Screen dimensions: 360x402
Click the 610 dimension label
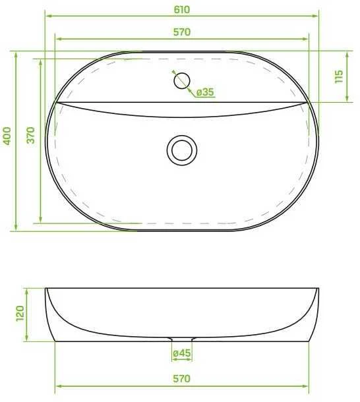(x=182, y=9)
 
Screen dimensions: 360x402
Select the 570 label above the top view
(x=182, y=32)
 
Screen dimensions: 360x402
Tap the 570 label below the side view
(x=182, y=379)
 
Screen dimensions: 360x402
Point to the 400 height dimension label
(x=7, y=136)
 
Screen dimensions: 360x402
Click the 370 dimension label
(x=30, y=135)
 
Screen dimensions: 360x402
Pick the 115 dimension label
(x=339, y=76)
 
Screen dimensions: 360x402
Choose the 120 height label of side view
(x=20, y=313)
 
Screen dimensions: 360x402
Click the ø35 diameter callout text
(x=205, y=92)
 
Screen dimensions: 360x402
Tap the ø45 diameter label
(x=182, y=353)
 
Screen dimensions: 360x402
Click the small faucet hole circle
(x=182, y=81)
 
